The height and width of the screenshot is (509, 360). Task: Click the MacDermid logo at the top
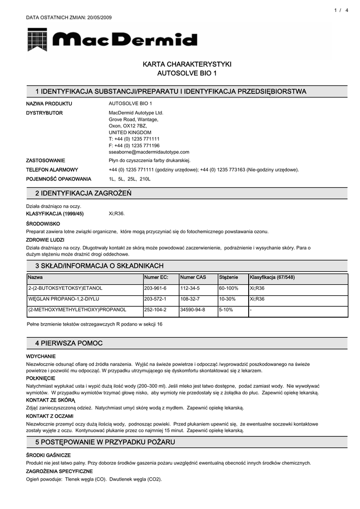[112, 40]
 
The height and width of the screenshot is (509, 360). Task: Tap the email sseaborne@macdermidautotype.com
[149, 152]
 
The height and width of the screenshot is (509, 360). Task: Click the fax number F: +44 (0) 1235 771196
[134, 146]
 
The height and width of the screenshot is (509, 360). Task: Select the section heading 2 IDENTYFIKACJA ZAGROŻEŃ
[83, 193]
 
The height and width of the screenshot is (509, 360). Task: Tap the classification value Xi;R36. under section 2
[117, 214]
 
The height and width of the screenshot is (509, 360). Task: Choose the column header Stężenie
[229, 277]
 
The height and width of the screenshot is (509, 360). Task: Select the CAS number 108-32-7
[190, 299]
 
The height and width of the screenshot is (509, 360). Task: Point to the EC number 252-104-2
[155, 310]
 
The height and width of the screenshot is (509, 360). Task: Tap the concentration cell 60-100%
[229, 288]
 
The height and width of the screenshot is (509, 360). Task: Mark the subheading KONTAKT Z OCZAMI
[50, 416]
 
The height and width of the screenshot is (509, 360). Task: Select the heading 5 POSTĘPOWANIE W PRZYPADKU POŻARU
[105, 442]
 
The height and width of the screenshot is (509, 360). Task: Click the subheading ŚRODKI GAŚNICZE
[48, 455]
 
